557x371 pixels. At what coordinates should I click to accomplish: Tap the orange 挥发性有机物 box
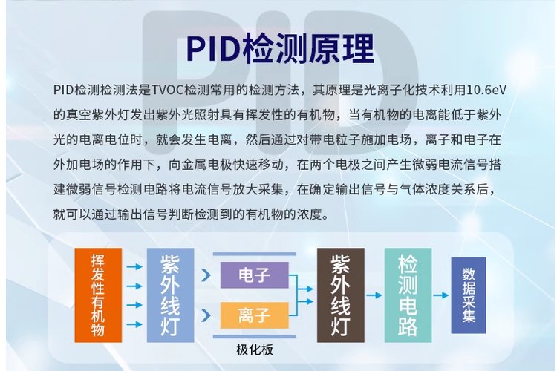click(x=97, y=295)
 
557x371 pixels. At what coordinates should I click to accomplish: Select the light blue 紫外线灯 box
click(x=169, y=295)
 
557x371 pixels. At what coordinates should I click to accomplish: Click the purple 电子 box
click(x=254, y=275)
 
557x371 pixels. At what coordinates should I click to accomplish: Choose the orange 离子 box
click(x=254, y=316)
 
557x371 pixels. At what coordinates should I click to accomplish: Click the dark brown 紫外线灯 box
click(x=340, y=295)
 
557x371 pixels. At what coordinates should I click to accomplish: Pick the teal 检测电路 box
click(x=408, y=295)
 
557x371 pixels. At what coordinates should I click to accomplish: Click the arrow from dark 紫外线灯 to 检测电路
click(x=374, y=295)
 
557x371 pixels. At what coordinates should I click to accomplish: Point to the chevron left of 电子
click(x=205, y=275)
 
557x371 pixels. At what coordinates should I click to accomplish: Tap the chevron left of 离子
click(x=205, y=316)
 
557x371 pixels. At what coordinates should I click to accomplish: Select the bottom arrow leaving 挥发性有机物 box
click(x=134, y=324)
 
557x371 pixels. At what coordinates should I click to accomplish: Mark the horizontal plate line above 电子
click(x=255, y=255)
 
